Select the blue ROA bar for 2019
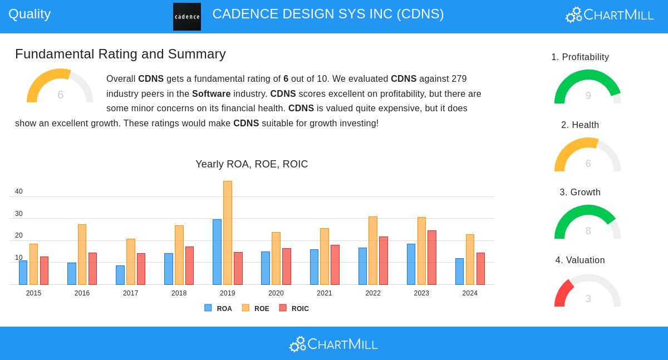[x=217, y=252]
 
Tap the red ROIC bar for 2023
[x=432, y=258]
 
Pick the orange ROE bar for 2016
[x=82, y=254]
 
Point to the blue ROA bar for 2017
[x=120, y=275]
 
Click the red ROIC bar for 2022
[x=384, y=260]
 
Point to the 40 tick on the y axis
[x=19, y=191]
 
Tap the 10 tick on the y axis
[x=19, y=258]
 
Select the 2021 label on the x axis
[x=325, y=293]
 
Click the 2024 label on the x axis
[x=470, y=293]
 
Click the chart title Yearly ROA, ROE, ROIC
[x=252, y=164]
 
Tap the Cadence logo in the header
[x=187, y=17]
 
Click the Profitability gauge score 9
[x=588, y=96]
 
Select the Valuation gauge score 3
[x=588, y=299]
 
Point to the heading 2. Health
[x=580, y=125]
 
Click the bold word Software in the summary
[x=211, y=93]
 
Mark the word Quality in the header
[x=30, y=14]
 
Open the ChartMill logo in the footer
[x=333, y=344]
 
